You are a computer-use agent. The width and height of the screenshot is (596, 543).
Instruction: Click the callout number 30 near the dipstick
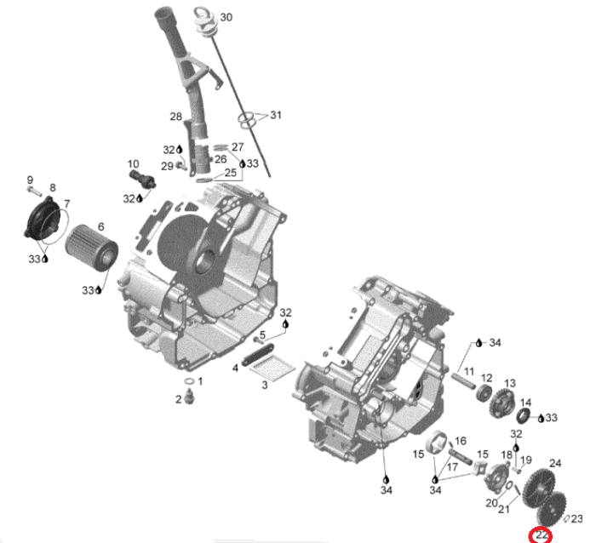pyautogui.click(x=226, y=17)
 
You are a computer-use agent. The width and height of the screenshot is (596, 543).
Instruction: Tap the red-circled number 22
pyautogui.click(x=541, y=535)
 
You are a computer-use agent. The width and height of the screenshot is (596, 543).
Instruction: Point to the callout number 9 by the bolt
pyautogui.click(x=30, y=180)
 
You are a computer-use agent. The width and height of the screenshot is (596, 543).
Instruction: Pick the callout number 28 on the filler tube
pyautogui.click(x=175, y=117)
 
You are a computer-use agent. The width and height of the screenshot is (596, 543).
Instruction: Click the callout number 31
pyautogui.click(x=275, y=115)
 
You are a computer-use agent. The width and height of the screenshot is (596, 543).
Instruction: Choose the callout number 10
pyautogui.click(x=133, y=164)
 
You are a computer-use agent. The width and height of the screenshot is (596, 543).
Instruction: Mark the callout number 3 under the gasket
pyautogui.click(x=264, y=386)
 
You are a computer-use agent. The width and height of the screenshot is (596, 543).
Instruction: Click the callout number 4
pyautogui.click(x=235, y=368)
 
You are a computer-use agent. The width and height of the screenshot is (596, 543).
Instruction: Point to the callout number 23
pyautogui.click(x=576, y=518)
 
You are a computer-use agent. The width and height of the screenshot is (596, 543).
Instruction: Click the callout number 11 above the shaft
pyautogui.click(x=468, y=372)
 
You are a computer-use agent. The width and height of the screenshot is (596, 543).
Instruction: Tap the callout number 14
pyautogui.click(x=525, y=403)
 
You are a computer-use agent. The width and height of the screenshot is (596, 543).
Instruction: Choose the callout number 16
pyautogui.click(x=461, y=441)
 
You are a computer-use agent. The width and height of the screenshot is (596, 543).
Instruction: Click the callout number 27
pyautogui.click(x=237, y=146)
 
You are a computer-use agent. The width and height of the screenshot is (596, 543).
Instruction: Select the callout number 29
pyautogui.click(x=168, y=165)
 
